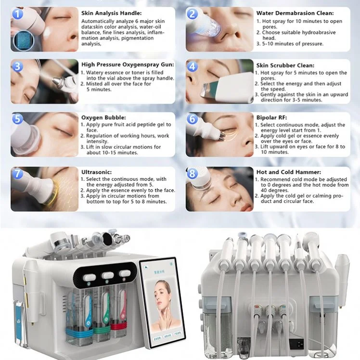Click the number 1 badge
click(18, 14)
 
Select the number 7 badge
click(18, 174)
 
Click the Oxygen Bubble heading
click(103, 117)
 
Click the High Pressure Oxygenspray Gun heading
click(127, 64)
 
